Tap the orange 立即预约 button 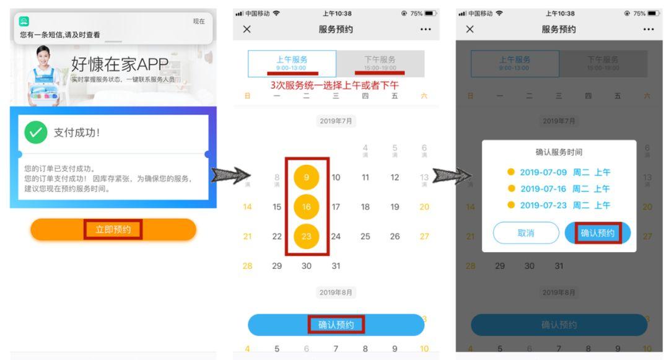113,229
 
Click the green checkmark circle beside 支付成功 36,132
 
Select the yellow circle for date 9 306,177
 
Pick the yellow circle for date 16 306,207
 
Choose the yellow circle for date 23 306,236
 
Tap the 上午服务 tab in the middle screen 292,63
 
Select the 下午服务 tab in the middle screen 380,63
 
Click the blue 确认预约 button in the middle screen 336,324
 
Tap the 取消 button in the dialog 526,233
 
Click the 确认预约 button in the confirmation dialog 598,233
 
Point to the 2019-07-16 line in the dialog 559,189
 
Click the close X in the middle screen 247,29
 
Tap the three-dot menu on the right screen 649,29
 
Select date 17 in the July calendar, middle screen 336,207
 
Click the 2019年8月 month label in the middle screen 336,292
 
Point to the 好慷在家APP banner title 120,64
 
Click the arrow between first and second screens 227,177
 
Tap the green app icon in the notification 24,22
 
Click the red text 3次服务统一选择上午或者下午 334,86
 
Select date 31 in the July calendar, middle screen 336,266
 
